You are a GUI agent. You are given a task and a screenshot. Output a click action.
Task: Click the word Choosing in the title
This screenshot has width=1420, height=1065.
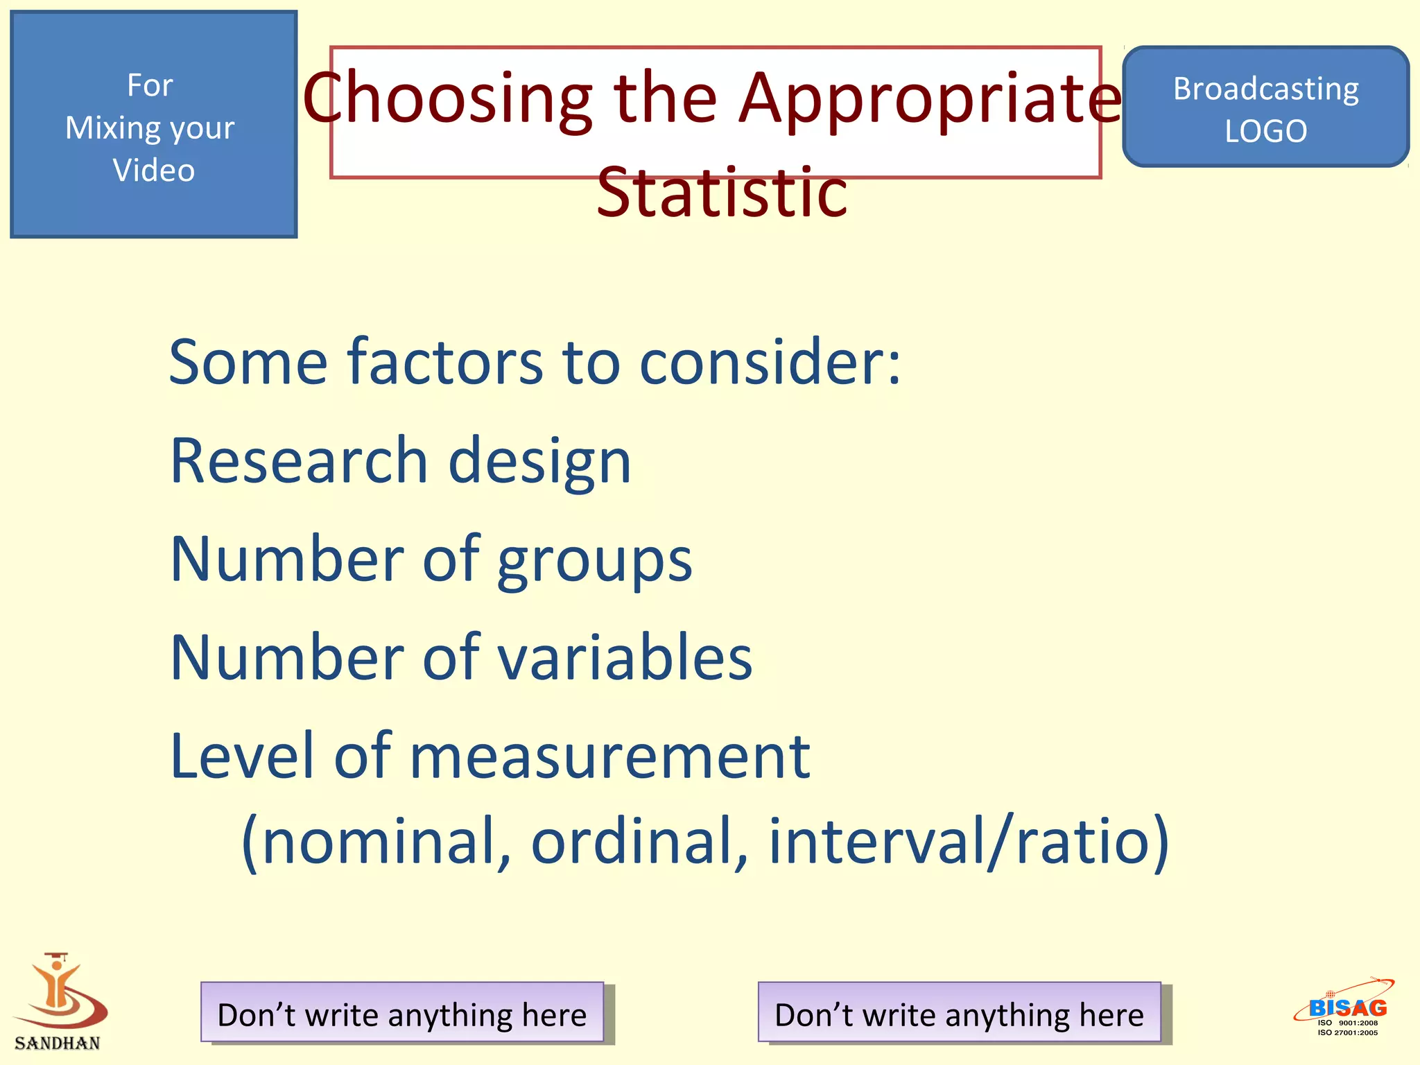coord(448,98)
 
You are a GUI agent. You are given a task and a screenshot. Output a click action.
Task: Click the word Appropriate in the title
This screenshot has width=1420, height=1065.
coord(929,98)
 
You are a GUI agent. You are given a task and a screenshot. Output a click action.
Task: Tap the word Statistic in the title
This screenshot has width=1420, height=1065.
coord(722,192)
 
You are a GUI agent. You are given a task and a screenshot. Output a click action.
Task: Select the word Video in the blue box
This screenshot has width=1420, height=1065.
coord(153,171)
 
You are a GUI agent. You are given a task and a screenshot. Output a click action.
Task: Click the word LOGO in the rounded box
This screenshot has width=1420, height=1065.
coord(1265,131)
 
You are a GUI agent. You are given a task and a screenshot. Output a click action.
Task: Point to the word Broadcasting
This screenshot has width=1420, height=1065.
coord(1265,89)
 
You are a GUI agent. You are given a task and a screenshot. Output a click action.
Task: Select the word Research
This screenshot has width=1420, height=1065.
coord(299,460)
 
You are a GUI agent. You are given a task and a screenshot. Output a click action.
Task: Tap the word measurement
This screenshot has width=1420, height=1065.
coord(609,756)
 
